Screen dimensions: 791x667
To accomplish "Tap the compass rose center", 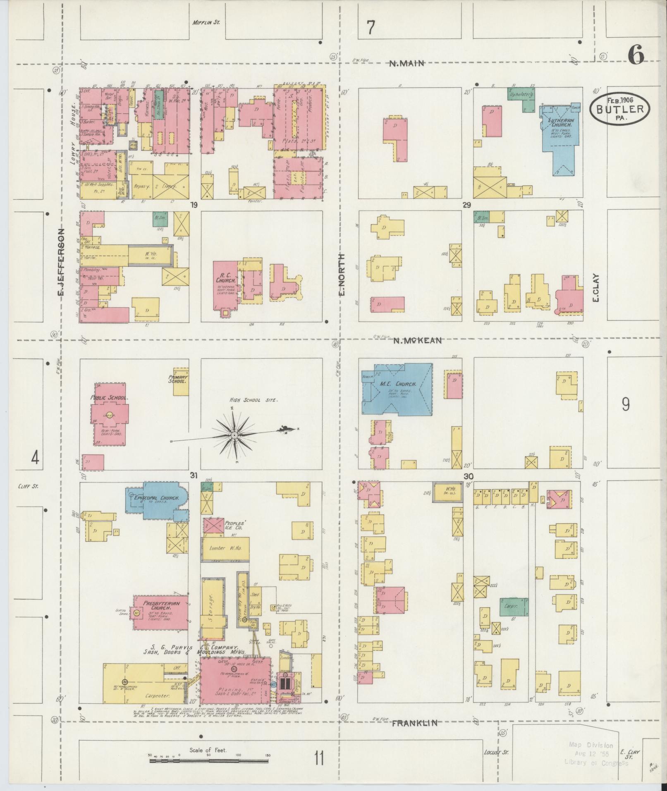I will point(234,435).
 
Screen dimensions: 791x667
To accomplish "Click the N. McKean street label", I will point(418,341).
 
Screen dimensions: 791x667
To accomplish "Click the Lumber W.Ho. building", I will point(225,548).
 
